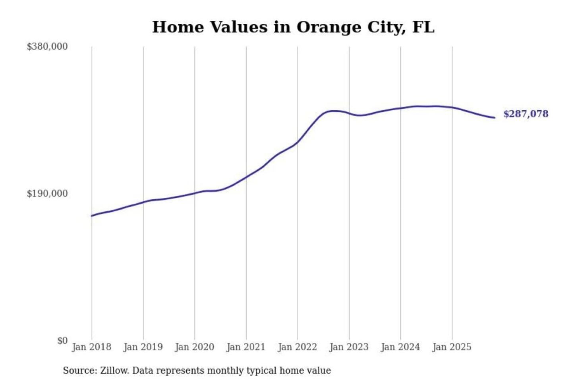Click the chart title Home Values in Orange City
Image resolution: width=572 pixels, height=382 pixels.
[x=293, y=27]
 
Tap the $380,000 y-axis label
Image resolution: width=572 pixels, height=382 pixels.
[x=47, y=47]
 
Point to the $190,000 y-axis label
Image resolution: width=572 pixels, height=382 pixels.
[x=47, y=194]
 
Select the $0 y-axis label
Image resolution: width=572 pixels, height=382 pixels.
[x=62, y=341]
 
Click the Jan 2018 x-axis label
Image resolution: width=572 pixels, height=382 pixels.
[x=92, y=347]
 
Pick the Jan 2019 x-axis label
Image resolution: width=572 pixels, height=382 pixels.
[x=143, y=347]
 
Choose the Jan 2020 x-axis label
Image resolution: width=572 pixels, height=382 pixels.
[x=195, y=347]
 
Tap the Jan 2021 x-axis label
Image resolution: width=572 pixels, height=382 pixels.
[x=246, y=347]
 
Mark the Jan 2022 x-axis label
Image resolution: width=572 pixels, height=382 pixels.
[x=298, y=347]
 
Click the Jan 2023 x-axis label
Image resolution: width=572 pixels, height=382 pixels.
[x=349, y=347]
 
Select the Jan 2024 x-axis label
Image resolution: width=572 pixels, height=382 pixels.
[x=400, y=347]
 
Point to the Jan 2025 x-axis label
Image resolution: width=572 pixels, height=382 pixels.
[x=452, y=347]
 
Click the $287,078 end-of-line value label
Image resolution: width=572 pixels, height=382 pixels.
[x=526, y=114]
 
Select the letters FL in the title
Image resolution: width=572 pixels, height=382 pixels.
[x=423, y=27]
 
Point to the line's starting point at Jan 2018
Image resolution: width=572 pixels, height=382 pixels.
[x=92, y=216]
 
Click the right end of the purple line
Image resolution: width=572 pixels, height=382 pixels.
[x=495, y=117]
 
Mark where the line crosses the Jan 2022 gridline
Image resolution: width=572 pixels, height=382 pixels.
[x=298, y=142]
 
